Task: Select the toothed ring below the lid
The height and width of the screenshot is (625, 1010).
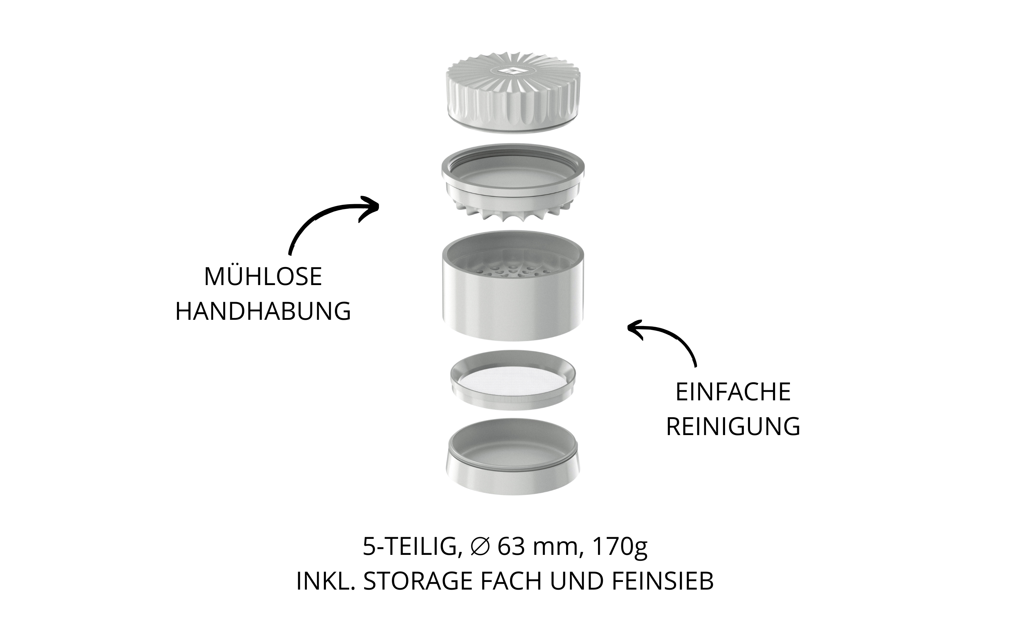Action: point(513,182)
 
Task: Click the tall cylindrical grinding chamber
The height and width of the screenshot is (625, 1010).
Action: point(513,285)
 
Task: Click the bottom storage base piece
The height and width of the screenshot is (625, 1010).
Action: point(513,456)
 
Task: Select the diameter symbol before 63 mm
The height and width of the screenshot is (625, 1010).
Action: point(480,547)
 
